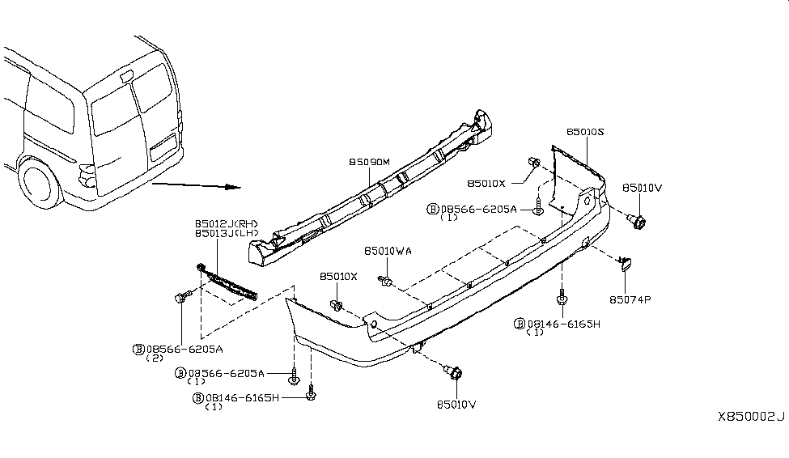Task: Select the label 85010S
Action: click(584, 131)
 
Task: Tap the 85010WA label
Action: click(388, 252)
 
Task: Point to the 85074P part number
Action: click(630, 299)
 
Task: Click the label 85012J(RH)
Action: click(226, 223)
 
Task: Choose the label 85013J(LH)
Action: click(226, 233)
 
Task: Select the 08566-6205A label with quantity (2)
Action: click(177, 350)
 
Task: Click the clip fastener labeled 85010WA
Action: click(387, 281)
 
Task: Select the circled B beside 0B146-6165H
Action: click(197, 397)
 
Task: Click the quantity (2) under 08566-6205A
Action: click(153, 359)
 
